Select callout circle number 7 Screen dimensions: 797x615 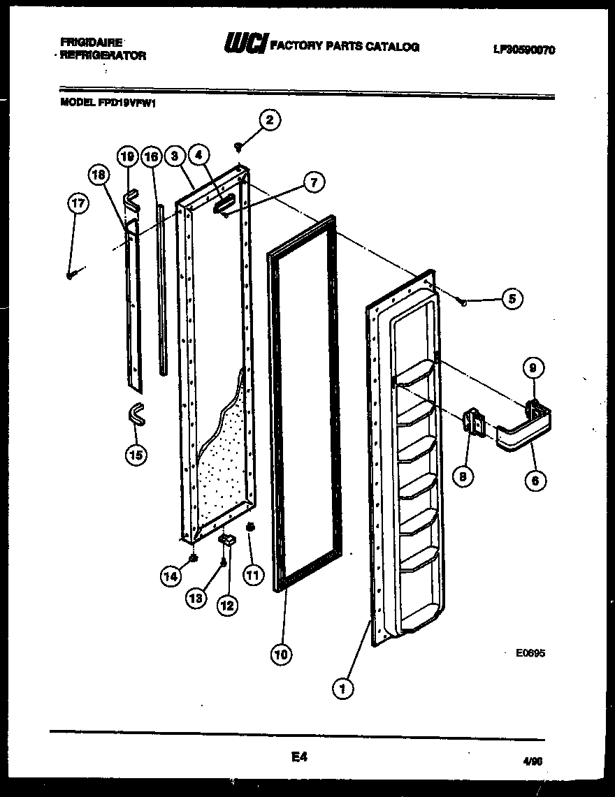point(313,183)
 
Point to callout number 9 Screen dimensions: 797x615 point(533,368)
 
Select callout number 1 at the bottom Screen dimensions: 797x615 point(342,689)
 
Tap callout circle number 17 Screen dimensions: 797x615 point(78,205)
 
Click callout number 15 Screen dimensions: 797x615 point(136,455)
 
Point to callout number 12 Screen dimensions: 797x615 point(226,605)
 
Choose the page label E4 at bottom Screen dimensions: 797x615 point(298,756)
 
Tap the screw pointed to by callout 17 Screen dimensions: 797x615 point(71,276)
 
